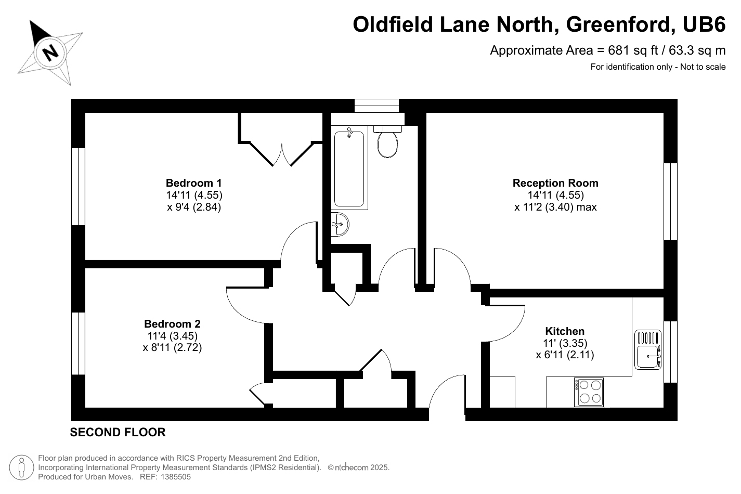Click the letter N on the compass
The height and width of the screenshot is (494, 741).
coord(50,52)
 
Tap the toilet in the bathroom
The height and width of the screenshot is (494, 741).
coord(387,142)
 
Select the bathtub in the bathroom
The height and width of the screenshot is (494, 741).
coord(349,170)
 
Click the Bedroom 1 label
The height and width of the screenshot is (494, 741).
coord(193,183)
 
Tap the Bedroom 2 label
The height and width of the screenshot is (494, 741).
coord(172,323)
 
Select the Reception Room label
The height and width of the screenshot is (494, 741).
coord(555,183)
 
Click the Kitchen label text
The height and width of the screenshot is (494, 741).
coord(565,331)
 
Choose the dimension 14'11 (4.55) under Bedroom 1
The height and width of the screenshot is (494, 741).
coord(194,196)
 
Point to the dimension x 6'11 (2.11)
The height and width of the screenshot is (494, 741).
coord(565,355)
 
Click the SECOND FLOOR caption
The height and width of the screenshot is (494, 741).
coord(118,432)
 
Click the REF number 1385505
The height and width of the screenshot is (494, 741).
coord(176,476)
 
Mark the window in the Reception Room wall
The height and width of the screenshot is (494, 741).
coord(670,202)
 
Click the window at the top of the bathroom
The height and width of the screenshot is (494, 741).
coord(377,106)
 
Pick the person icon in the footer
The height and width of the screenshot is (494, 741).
coord(21,467)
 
